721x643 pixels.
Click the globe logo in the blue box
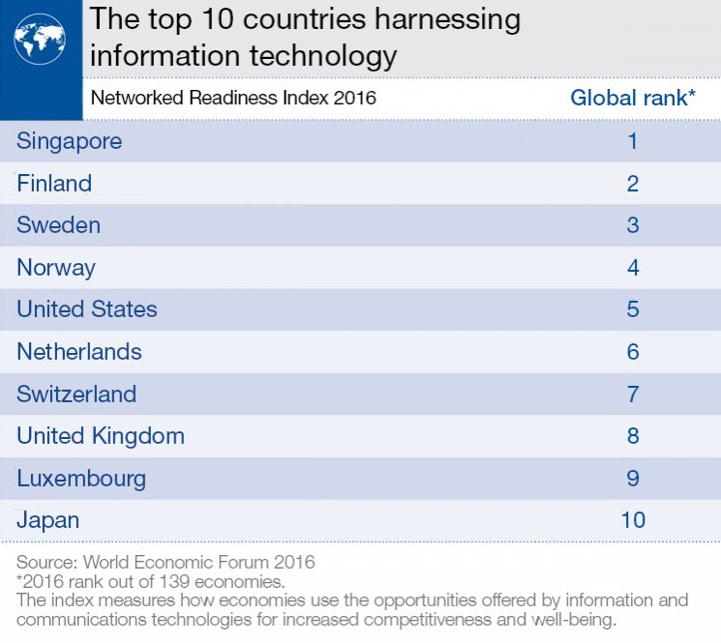click(x=40, y=39)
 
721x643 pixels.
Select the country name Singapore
click(x=70, y=141)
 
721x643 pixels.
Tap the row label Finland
click(x=54, y=184)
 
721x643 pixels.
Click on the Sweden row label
click(x=58, y=225)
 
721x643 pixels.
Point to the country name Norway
click(x=56, y=268)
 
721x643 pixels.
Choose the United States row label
click(x=87, y=309)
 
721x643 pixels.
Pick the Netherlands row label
click(x=79, y=352)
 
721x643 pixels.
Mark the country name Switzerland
click(x=76, y=394)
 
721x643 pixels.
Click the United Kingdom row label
click(x=101, y=436)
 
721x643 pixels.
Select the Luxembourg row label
click(x=81, y=478)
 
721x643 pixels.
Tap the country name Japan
click(x=47, y=520)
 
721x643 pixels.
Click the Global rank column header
click(x=632, y=98)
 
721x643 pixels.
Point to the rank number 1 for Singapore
click(x=633, y=141)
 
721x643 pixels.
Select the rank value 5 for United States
click(x=633, y=309)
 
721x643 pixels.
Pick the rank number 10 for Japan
click(x=633, y=520)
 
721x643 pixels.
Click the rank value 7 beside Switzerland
click(x=633, y=394)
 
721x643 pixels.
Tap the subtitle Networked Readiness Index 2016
click(x=232, y=98)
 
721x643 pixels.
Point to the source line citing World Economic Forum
click(x=165, y=562)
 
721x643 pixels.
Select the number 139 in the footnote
click(x=164, y=581)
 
